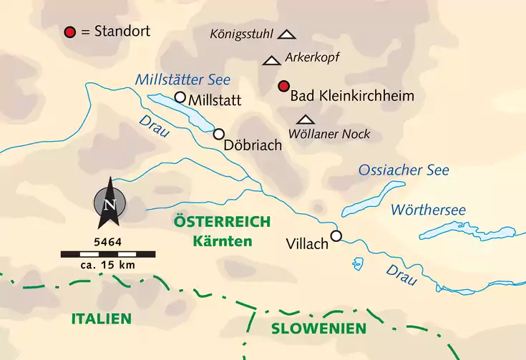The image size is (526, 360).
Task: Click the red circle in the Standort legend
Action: [x=69, y=32]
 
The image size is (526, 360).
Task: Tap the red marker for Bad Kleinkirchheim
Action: [x=283, y=87]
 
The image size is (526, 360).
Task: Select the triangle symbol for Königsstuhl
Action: [x=287, y=34]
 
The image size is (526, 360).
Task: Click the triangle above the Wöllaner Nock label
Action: [x=306, y=120]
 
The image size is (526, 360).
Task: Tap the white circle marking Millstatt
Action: [x=180, y=97]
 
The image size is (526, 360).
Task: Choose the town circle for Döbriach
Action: [x=219, y=134]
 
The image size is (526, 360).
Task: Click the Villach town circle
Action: [x=336, y=235]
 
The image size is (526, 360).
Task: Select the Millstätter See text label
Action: [x=182, y=79]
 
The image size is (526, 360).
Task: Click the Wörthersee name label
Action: [x=428, y=210]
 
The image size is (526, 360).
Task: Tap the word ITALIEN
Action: [x=101, y=318]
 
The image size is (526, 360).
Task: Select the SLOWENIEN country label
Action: [x=318, y=329]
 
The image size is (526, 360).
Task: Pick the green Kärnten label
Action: [x=222, y=240]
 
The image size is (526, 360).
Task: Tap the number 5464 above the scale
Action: [x=107, y=242]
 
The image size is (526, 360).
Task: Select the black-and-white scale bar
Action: [x=107, y=253]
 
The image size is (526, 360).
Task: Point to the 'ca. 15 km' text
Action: [x=107, y=266]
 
